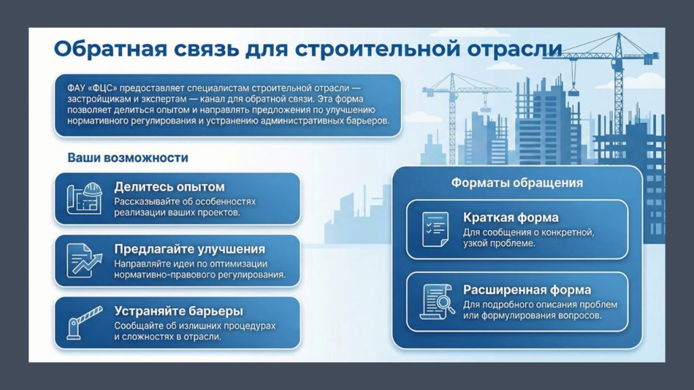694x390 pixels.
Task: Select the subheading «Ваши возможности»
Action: pyautogui.click(x=127, y=158)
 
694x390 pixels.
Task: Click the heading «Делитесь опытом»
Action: pyautogui.click(x=169, y=187)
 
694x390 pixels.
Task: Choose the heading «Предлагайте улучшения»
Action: pyautogui.click(x=190, y=249)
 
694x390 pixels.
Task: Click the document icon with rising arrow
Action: pyautogui.click(x=84, y=261)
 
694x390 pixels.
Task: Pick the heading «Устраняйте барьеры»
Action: pyautogui.click(x=178, y=311)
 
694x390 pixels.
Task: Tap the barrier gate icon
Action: pyautogui.click(x=84, y=323)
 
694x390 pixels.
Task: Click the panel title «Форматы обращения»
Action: pyautogui.click(x=517, y=183)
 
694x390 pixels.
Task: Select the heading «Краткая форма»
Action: pyautogui.click(x=511, y=217)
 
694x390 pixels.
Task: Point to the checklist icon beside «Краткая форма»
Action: pyautogui.click(x=436, y=229)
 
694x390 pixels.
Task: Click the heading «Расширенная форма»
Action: pyautogui.click(x=527, y=290)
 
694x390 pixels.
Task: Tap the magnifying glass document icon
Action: pyautogui.click(x=437, y=301)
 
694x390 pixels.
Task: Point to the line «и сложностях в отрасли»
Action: pyautogui.click(x=167, y=337)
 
